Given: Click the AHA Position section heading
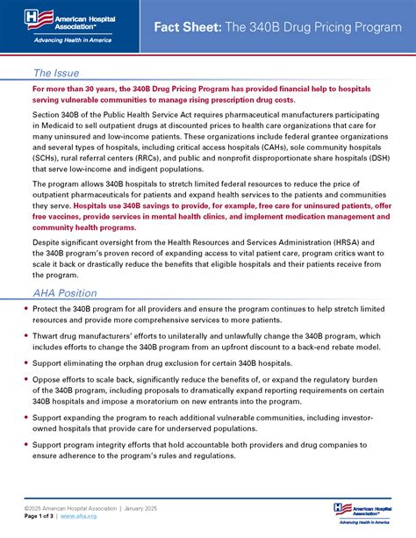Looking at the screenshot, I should (66, 292).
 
